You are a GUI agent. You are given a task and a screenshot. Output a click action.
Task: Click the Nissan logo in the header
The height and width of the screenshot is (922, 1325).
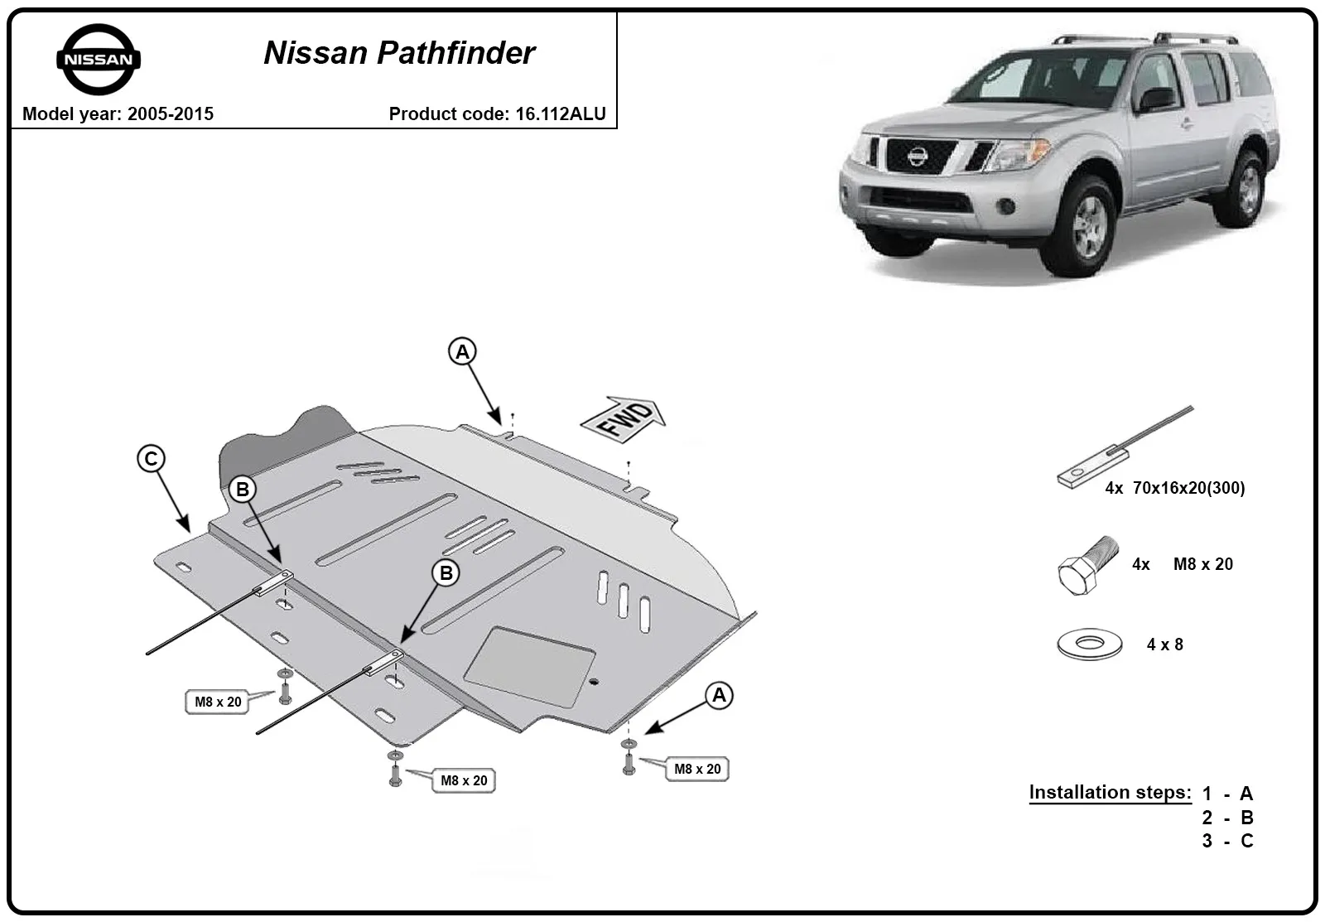click(99, 59)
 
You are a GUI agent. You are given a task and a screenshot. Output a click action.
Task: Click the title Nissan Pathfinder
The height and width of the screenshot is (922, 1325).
click(399, 53)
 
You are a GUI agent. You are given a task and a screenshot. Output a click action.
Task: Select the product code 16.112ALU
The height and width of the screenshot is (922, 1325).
click(560, 113)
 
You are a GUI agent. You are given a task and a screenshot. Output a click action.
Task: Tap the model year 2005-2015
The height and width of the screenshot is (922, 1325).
click(171, 113)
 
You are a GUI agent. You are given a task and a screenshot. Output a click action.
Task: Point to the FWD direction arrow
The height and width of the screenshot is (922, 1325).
click(624, 418)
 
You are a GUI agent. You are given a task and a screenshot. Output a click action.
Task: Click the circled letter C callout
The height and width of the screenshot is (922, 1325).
click(151, 459)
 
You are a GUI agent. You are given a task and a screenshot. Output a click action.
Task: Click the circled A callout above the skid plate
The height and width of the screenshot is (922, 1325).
click(462, 352)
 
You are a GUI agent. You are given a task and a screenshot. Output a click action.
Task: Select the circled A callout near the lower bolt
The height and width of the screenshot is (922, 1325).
click(719, 695)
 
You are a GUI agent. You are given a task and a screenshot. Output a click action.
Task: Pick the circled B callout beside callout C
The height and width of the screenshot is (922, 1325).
click(243, 490)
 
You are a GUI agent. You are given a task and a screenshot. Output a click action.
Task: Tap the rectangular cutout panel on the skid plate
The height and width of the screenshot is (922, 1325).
click(529, 666)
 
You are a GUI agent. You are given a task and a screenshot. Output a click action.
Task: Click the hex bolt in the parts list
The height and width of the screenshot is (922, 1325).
click(1087, 565)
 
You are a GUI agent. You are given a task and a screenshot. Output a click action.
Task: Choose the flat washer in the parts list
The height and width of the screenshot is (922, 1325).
click(1090, 644)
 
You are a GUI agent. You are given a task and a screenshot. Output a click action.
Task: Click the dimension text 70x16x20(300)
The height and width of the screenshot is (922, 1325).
click(1189, 488)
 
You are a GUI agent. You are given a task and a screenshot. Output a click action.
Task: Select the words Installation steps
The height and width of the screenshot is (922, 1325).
click(1111, 792)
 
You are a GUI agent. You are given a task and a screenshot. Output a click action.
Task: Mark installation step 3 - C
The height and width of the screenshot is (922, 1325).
click(1227, 841)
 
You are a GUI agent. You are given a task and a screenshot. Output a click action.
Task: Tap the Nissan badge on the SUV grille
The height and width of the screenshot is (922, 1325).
click(918, 157)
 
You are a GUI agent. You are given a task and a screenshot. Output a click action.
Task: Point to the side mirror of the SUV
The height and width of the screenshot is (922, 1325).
click(1156, 99)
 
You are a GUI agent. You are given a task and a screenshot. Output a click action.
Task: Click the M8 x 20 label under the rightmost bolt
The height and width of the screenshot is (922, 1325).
click(697, 769)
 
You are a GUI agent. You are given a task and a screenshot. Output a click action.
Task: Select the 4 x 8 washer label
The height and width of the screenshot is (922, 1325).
click(1164, 644)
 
